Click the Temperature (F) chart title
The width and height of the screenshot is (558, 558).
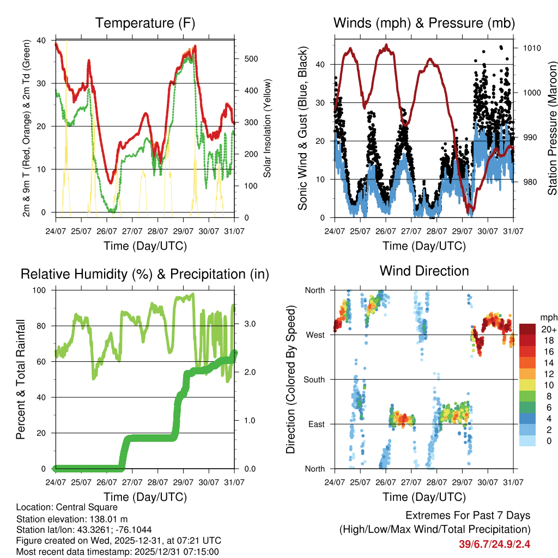pos(145,23)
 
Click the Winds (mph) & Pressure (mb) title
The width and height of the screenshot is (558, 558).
pos(424,23)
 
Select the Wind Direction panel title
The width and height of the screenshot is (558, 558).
pos(424,271)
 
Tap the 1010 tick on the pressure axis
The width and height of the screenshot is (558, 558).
pos(532,48)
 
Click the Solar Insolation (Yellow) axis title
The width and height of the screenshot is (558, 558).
pos(268,129)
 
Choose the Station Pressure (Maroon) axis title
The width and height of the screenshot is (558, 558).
pos(552,128)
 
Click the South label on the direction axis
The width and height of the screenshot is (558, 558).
pos(314,379)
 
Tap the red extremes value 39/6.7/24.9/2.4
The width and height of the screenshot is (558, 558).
pos(495,544)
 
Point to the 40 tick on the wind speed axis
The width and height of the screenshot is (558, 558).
pos(321,64)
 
